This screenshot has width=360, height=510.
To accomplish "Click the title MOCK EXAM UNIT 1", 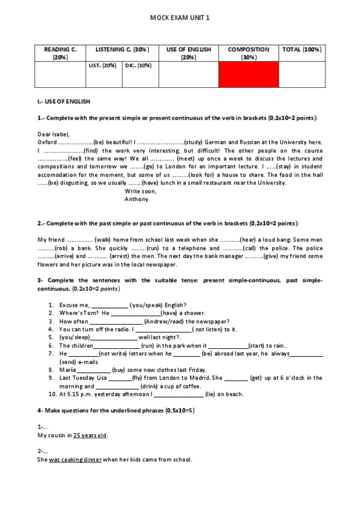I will coord(180,19).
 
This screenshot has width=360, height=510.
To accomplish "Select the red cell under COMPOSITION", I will coord(249,75).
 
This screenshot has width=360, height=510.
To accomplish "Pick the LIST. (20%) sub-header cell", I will coord(102,66).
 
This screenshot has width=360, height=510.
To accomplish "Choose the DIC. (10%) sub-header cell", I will coord(138,66).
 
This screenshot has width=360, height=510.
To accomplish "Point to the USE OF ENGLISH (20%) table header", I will coord(189,53).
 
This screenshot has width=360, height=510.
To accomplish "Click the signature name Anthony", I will coord(136,199).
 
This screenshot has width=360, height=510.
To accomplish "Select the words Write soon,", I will coord(140,191).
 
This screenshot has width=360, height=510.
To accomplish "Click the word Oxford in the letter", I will coord(47,142).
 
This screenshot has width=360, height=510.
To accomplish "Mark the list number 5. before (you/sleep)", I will coord(51,337).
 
